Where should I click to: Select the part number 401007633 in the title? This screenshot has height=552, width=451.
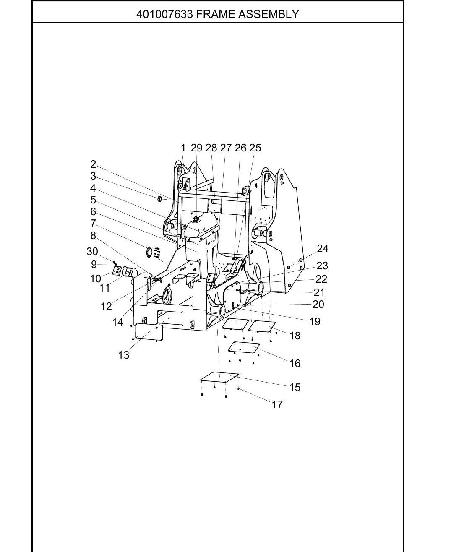pyautogui.click(x=164, y=14)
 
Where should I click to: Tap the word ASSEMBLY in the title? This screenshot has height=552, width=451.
pyautogui.click(x=269, y=14)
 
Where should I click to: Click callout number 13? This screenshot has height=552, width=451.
pyautogui.click(x=123, y=355)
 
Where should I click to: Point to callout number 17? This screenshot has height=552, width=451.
pyautogui.click(x=277, y=405)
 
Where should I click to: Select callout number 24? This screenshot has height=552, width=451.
pyautogui.click(x=323, y=249)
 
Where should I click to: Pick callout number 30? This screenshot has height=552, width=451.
pyautogui.click(x=92, y=252)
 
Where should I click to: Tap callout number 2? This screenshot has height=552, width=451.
pyautogui.click(x=93, y=164)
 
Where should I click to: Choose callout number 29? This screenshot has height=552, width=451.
pyautogui.click(x=197, y=148)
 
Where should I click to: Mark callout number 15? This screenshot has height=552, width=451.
pyautogui.click(x=295, y=388)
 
